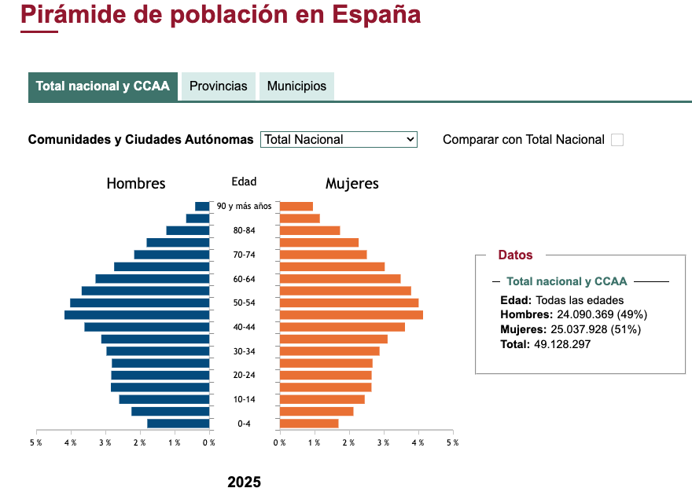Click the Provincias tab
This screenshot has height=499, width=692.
(x=219, y=86)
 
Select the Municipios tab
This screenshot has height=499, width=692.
(x=296, y=86)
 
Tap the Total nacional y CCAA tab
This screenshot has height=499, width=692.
(x=103, y=86)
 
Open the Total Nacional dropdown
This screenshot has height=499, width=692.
(x=338, y=139)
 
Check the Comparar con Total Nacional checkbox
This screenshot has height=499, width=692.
(x=617, y=140)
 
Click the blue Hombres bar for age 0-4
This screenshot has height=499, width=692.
(x=178, y=424)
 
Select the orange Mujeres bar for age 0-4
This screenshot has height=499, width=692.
(x=309, y=424)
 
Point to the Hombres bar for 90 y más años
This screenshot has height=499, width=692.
(x=202, y=206)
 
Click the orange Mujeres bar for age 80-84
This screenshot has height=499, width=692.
(x=310, y=230)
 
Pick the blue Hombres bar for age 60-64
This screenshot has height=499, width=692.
(x=153, y=279)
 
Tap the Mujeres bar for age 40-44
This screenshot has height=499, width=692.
(x=342, y=327)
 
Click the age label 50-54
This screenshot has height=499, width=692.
(x=244, y=303)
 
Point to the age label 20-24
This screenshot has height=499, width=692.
(x=244, y=376)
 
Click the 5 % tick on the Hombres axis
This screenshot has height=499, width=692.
(x=36, y=442)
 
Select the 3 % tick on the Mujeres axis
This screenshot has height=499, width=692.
(x=383, y=442)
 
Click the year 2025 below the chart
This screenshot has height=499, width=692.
(x=244, y=482)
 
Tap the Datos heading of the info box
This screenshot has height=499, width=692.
(x=515, y=255)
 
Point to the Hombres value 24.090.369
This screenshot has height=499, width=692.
(x=591, y=314)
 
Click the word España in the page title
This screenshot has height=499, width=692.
(x=376, y=14)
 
